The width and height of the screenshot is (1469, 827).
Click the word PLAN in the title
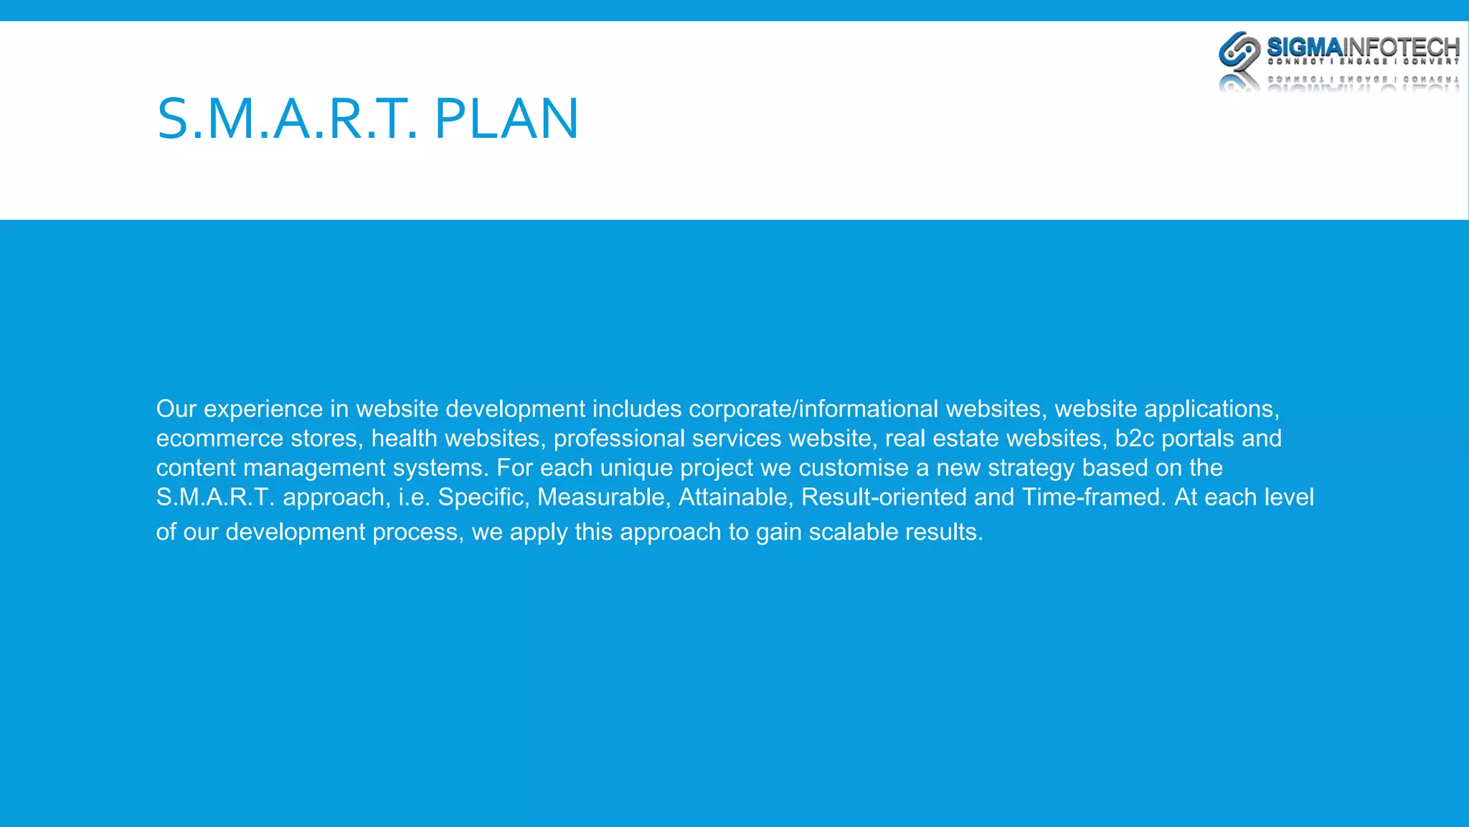click(506, 118)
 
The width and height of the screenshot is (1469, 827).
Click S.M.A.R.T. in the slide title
click(287, 118)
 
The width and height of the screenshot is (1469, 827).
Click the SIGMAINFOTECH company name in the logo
click(1363, 47)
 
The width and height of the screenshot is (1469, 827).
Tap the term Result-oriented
click(884, 497)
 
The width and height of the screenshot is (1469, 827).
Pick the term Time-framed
click(1094, 497)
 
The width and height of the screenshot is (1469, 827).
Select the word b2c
click(1134, 438)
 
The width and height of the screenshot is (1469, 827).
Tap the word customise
click(854, 467)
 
